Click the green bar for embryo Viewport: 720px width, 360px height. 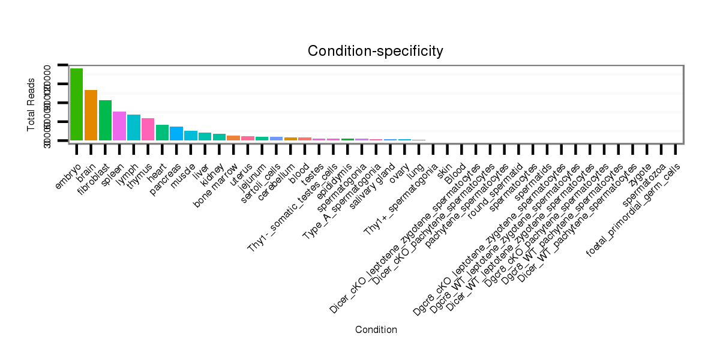76,104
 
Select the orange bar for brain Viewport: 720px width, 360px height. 91,115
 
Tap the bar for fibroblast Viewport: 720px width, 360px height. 105,120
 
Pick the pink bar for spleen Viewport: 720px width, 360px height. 119,126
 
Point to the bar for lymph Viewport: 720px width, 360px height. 134,127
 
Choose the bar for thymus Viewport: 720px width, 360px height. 148,129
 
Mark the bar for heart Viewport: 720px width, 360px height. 162,133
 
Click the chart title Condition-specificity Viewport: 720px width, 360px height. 376,51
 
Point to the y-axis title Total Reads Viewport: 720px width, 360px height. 31,104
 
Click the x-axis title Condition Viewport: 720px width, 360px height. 376,329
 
